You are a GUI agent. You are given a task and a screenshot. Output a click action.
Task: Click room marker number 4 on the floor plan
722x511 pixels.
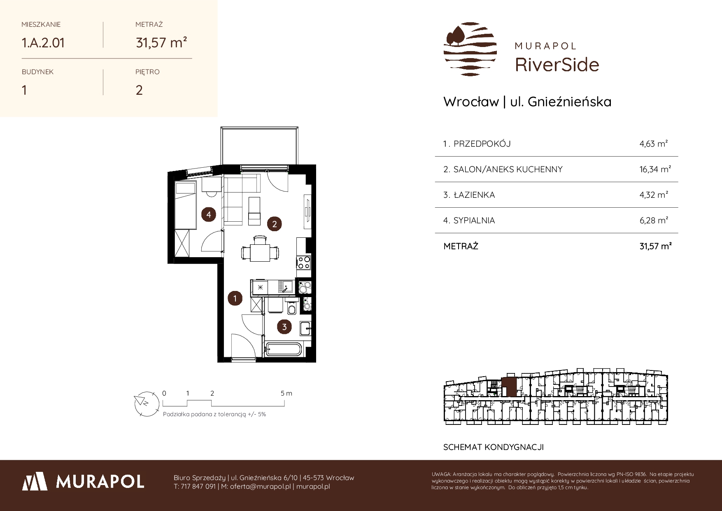209,214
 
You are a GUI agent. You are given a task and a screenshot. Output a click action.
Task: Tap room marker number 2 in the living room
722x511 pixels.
274,224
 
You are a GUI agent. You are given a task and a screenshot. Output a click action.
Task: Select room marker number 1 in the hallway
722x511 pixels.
235,298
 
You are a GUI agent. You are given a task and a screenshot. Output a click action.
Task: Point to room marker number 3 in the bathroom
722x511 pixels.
284,327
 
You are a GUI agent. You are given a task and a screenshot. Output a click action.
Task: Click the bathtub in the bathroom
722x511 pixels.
284,349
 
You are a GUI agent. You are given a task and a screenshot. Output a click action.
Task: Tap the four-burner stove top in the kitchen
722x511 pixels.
304,263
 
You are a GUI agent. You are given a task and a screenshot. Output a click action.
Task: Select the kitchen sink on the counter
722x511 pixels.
285,286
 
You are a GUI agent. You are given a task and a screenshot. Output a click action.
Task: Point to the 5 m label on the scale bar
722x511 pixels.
286,394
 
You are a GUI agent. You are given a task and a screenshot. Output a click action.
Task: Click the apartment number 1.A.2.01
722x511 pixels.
43,43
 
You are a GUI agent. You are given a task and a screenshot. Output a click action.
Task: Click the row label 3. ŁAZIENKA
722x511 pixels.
469,195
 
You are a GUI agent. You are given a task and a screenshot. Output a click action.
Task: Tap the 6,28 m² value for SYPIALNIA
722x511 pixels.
654,220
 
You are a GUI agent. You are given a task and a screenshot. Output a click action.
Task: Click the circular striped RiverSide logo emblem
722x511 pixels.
470,49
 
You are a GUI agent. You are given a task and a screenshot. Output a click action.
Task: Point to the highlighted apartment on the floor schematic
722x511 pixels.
509,387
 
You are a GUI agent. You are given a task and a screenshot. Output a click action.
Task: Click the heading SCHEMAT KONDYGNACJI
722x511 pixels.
494,447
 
